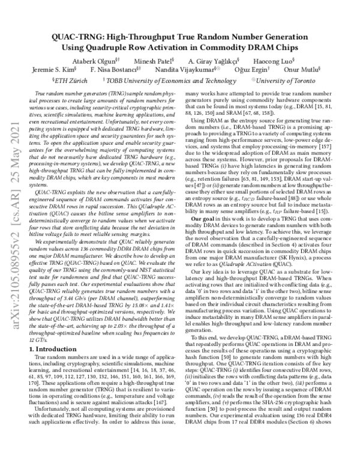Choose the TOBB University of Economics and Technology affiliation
coord(168,80)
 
